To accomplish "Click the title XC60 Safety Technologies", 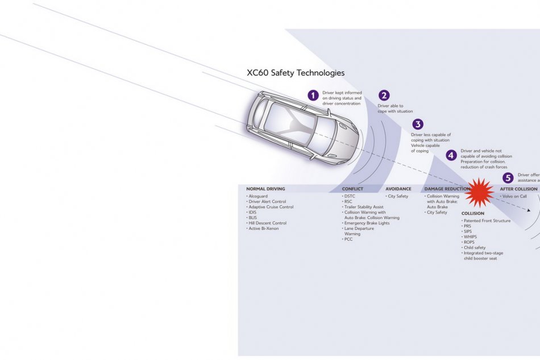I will (295, 73).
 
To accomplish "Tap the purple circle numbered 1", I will (313, 96).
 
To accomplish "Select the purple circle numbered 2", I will (384, 96).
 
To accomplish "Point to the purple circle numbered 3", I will (418, 124).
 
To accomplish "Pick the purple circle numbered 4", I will (451, 155).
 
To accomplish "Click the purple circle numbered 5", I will (508, 177).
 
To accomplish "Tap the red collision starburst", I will (479, 192).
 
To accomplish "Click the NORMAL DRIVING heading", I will (265, 189).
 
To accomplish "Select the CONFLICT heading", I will (352, 189).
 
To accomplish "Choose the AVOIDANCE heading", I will (398, 189).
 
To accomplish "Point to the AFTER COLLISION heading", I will (518, 189).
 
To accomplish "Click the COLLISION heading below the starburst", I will (473, 213).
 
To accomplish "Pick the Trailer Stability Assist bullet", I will (363, 207).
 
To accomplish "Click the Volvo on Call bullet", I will (514, 196).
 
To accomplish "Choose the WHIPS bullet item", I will (470, 237).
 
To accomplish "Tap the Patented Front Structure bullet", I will (487, 221).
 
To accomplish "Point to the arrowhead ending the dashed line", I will (529, 210).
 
